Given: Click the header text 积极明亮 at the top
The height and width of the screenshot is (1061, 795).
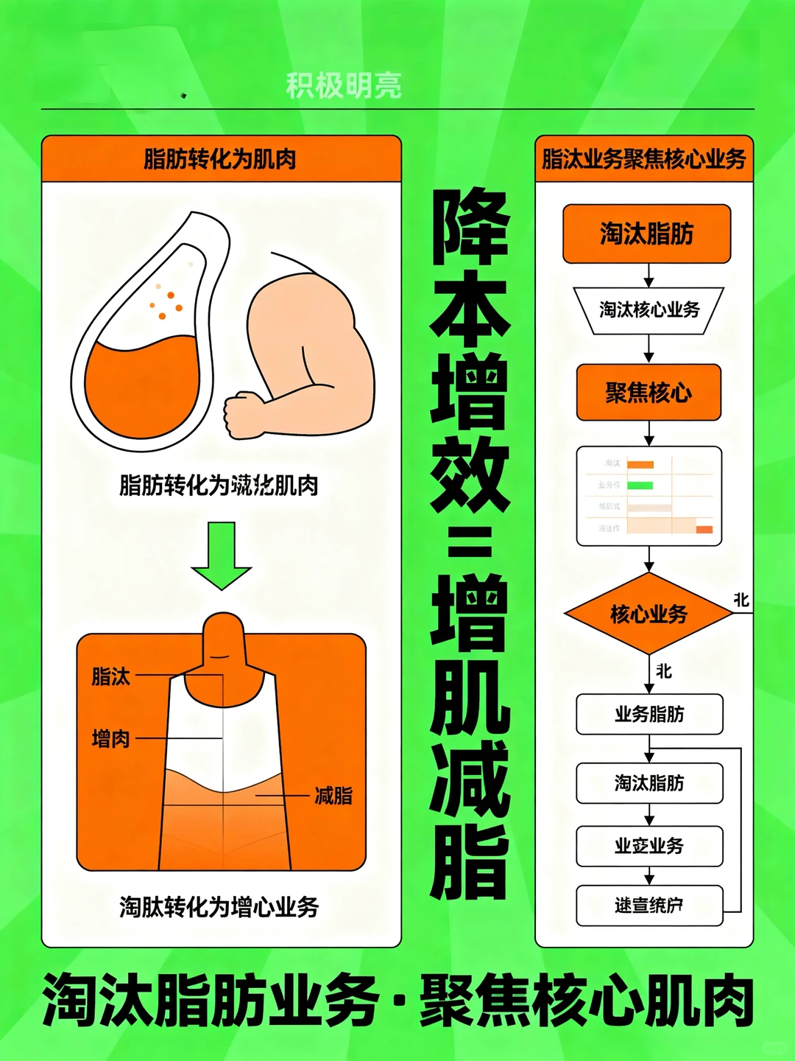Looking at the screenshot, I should pyautogui.click(x=343, y=86).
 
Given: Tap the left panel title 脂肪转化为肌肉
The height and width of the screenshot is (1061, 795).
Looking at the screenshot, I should pyautogui.click(x=219, y=158).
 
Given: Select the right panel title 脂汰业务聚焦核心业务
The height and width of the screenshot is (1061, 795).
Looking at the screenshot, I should pyautogui.click(x=644, y=158).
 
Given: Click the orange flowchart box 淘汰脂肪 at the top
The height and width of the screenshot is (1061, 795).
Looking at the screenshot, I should pyautogui.click(x=646, y=234).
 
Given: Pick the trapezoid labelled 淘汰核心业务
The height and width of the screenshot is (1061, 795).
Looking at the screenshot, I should pyautogui.click(x=649, y=309).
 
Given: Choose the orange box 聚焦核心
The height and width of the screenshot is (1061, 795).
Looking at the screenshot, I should pyautogui.click(x=648, y=393).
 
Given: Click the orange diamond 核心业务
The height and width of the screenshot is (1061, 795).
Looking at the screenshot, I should pyautogui.click(x=648, y=614).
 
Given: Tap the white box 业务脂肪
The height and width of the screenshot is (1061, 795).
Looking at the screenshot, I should pyautogui.click(x=649, y=714).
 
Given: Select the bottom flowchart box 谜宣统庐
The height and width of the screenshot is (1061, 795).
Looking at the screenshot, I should pyautogui.click(x=649, y=905).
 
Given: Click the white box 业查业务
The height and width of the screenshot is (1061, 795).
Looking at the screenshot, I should pyautogui.click(x=649, y=845).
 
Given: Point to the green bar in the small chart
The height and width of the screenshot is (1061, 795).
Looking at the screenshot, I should pyautogui.click(x=640, y=486).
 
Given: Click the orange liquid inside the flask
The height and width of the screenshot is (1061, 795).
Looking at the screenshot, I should pyautogui.click(x=140, y=383).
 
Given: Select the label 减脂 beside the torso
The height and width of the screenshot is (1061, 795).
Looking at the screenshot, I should pyautogui.click(x=333, y=796).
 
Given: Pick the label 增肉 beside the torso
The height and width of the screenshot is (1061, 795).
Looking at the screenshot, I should pyautogui.click(x=110, y=738).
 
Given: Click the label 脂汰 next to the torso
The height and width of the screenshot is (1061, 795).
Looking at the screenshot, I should pyautogui.click(x=110, y=676).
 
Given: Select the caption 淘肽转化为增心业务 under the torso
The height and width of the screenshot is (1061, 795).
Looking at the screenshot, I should pyautogui.click(x=219, y=906).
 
